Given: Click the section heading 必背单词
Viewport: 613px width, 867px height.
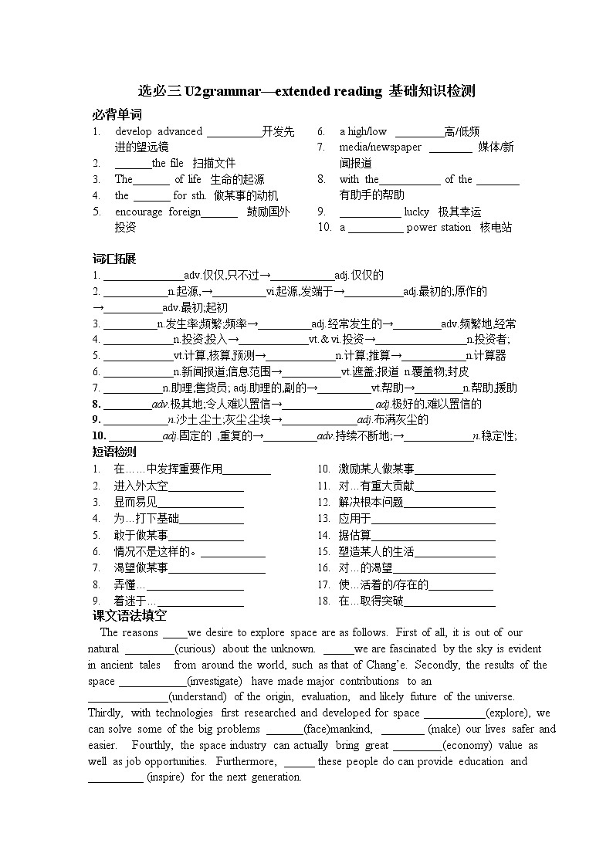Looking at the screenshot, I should pos(117,115).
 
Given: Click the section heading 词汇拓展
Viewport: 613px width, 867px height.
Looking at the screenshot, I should pos(113,259).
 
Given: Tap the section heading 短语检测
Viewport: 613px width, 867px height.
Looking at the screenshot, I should pos(113,452).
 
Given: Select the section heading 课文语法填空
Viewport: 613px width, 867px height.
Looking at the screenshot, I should pos(129,615).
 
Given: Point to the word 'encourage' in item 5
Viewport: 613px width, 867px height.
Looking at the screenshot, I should pos(139,212).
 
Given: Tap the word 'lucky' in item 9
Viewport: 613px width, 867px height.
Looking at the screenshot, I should pos(416,212).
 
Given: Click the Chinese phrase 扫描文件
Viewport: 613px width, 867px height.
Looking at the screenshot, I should pos(214,163).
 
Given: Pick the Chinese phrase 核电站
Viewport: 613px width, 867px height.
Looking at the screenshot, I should pos(496,227).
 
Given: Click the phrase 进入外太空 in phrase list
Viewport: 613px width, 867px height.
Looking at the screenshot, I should pos(141,486).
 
